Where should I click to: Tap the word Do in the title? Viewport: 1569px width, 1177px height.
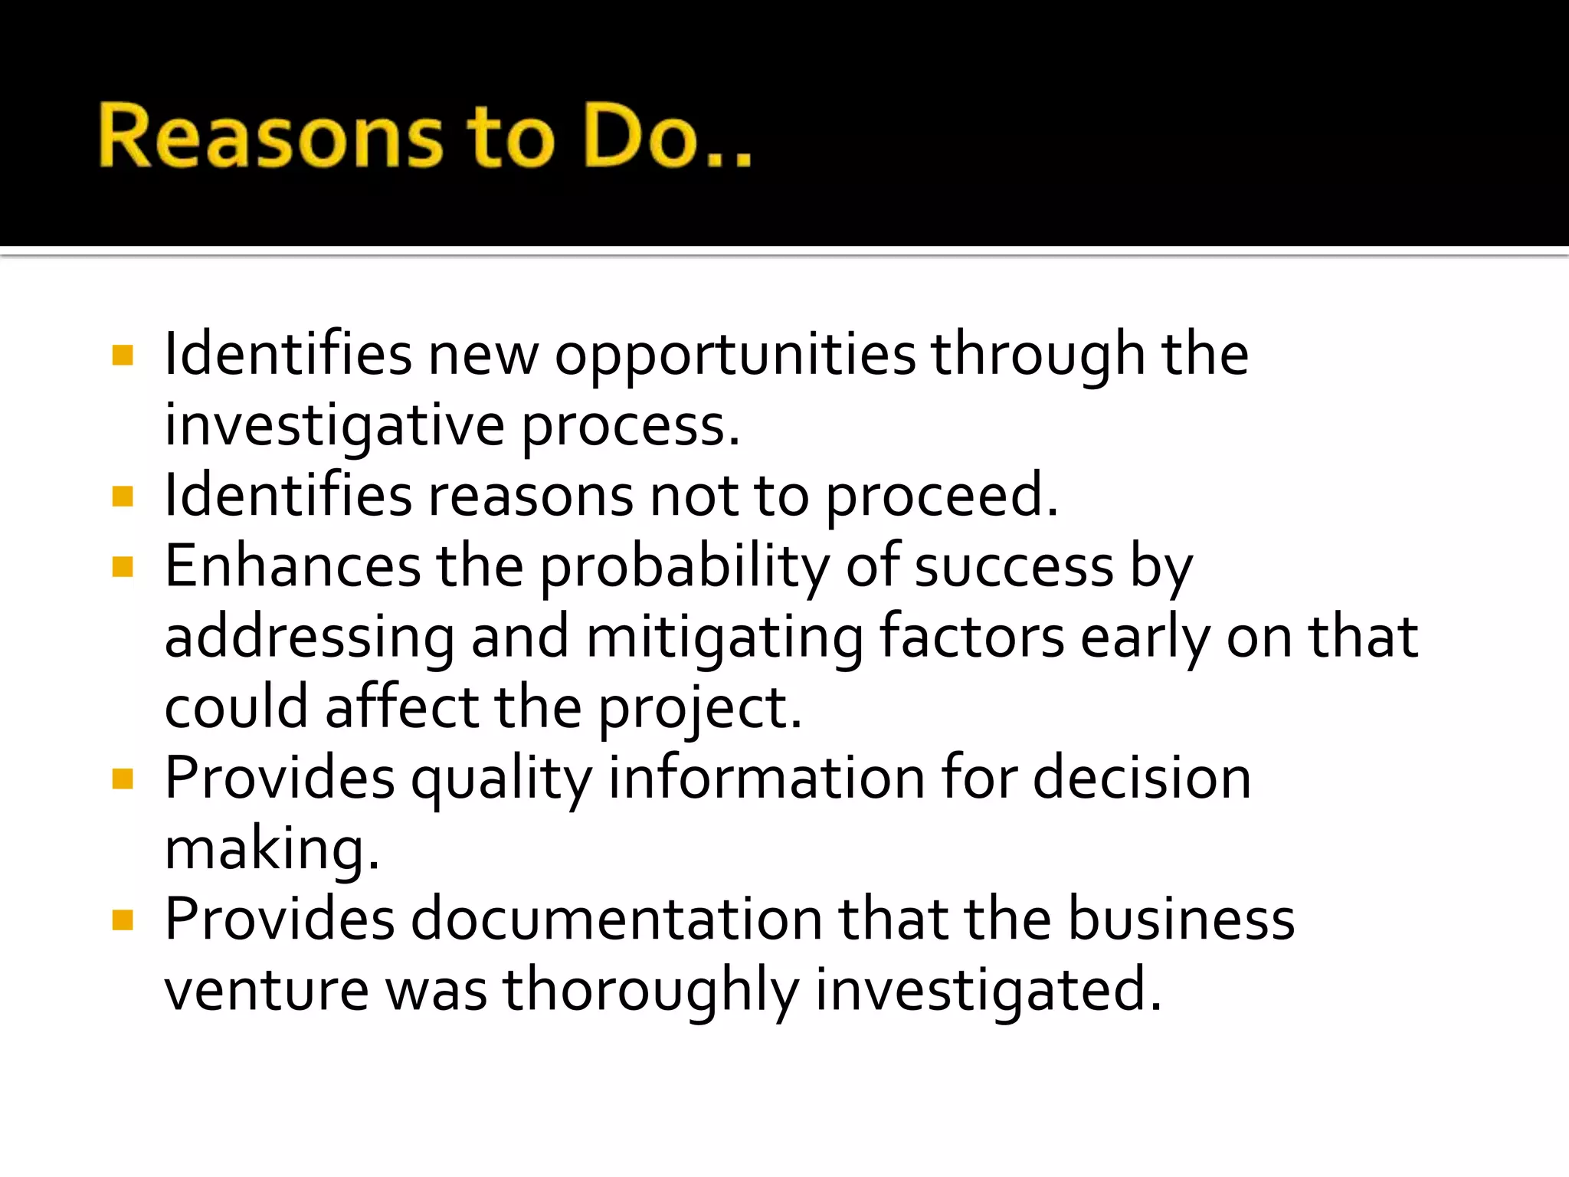[x=640, y=136]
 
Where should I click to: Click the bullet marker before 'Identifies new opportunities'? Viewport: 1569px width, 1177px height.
[x=123, y=355]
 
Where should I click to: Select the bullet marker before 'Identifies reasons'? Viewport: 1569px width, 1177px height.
[x=123, y=497]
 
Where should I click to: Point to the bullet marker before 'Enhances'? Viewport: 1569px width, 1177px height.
[x=123, y=567]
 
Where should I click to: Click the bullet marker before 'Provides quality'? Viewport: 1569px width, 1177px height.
[x=123, y=779]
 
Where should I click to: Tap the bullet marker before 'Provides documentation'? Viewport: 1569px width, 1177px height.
[x=123, y=920]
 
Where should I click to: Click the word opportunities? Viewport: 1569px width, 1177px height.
[x=735, y=356]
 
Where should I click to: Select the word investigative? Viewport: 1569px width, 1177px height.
[x=335, y=427]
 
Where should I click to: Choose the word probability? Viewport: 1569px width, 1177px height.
[x=685, y=569]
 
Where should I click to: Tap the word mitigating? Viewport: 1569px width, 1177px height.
[x=724, y=639]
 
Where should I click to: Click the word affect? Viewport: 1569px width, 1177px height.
[x=401, y=708]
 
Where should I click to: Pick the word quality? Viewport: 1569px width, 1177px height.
[x=502, y=780]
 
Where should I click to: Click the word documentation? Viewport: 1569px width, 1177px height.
[x=617, y=920]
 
